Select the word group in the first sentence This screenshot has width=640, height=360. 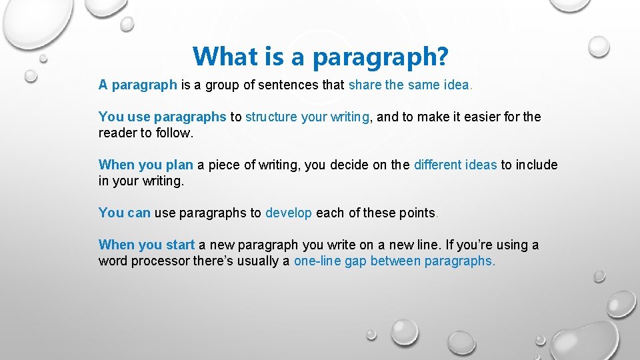point(236,85)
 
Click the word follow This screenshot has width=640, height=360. point(174,133)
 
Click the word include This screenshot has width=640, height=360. point(537,165)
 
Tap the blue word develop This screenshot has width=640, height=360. point(288,213)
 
